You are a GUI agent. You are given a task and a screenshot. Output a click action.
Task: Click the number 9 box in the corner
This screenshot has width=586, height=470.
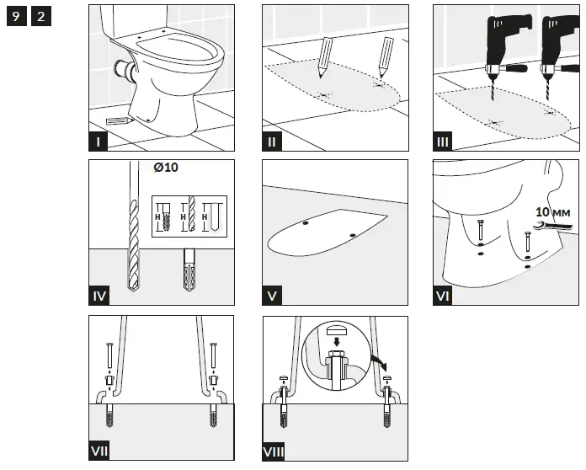(16, 18)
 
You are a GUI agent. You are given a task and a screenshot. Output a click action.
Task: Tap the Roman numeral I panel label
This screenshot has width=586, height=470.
(100, 142)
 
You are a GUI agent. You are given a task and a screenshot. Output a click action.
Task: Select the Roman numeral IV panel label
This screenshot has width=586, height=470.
(100, 296)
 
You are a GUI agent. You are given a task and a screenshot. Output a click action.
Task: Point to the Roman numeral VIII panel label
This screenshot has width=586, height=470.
(274, 452)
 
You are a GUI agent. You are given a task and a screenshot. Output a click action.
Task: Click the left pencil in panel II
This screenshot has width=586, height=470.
(325, 57)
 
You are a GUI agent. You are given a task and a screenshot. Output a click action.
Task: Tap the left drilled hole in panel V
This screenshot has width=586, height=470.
(305, 225)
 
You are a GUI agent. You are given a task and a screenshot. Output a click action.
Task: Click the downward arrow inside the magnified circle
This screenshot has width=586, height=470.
(336, 343)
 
